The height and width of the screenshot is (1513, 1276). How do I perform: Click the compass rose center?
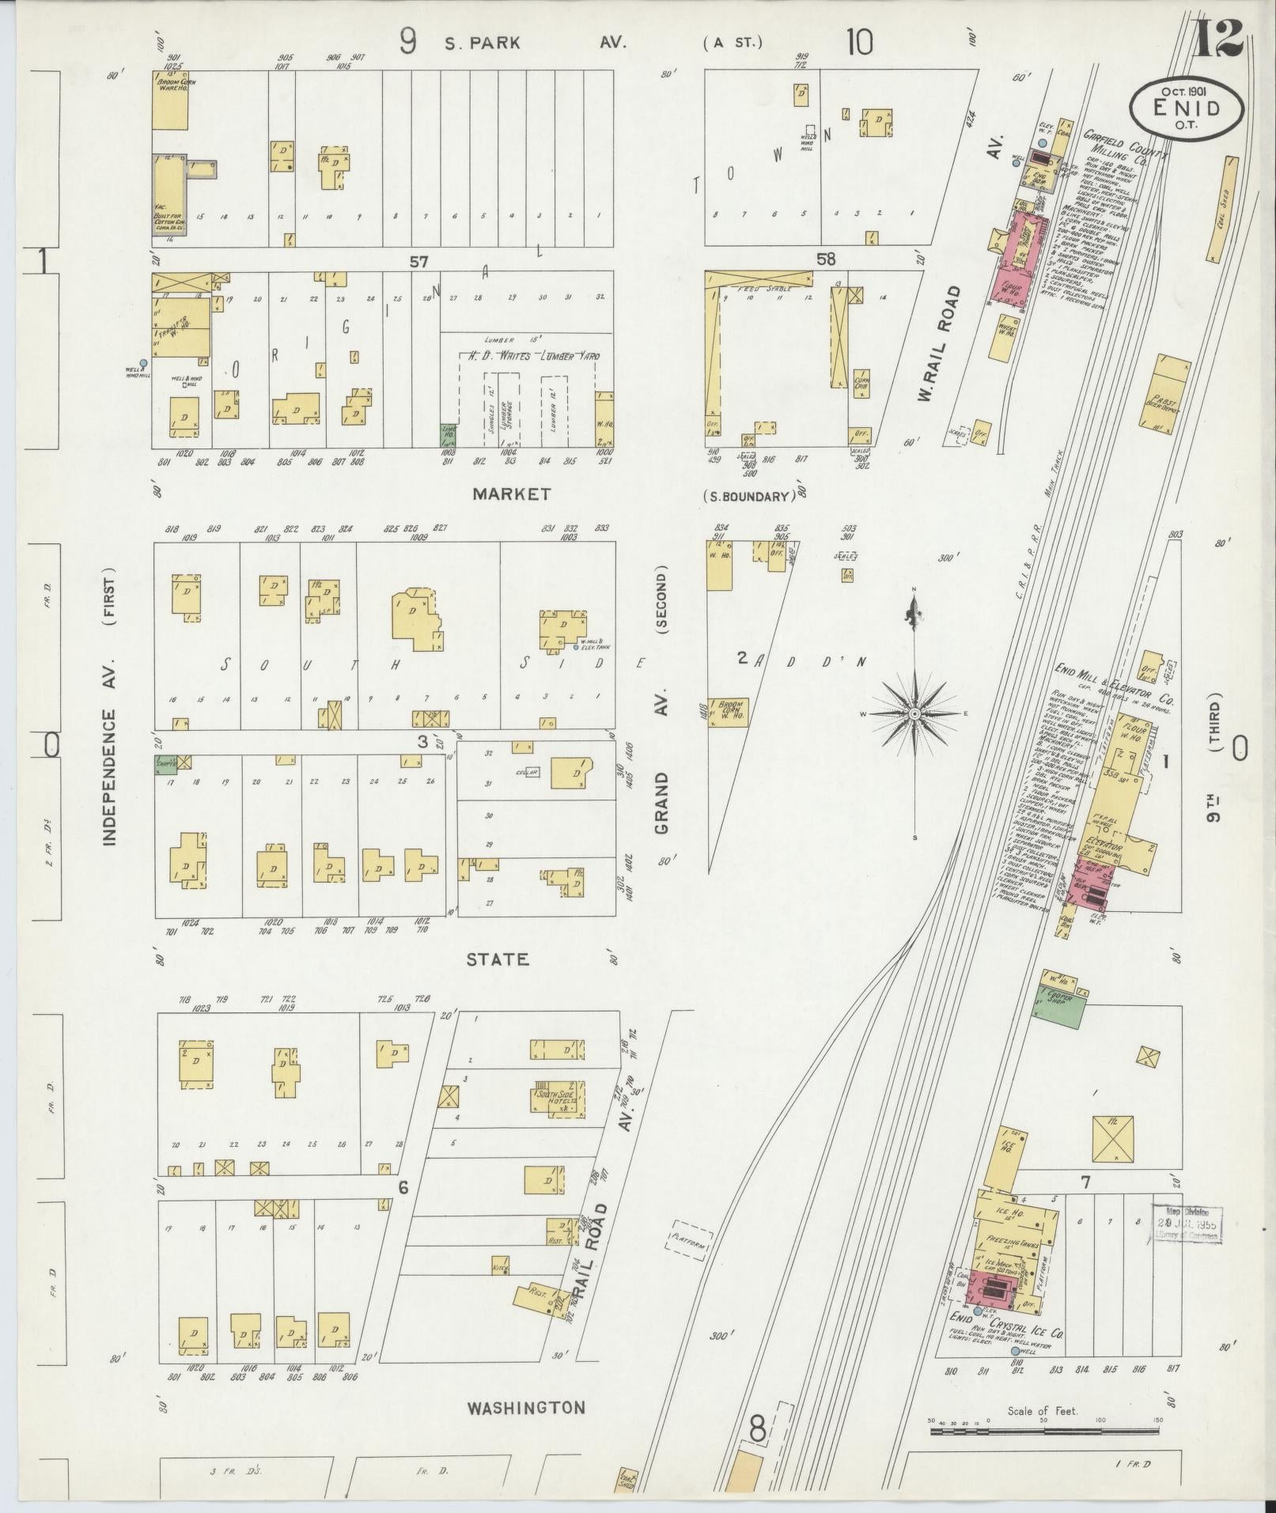(x=914, y=714)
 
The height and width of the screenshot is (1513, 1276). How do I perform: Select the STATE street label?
(x=496, y=959)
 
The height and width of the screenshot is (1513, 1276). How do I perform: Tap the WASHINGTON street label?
(x=525, y=1408)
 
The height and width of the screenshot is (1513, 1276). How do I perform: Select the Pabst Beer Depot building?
(x=1164, y=392)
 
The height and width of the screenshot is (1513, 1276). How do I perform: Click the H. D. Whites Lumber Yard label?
(x=529, y=357)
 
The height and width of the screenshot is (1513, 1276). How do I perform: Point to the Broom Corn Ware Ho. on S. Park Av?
(x=170, y=100)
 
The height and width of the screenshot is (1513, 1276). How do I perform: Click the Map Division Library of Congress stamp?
(x=1187, y=1246)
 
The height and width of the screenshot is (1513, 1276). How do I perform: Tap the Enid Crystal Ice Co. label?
(x=1005, y=1326)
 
